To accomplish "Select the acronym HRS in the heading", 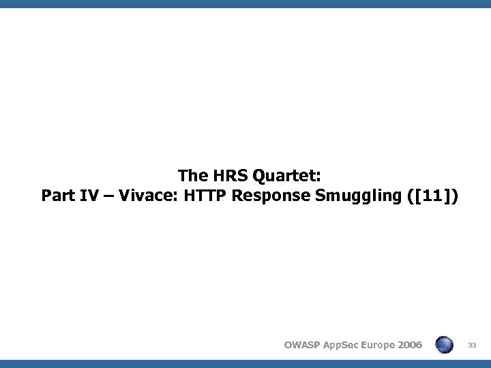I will click(225, 177).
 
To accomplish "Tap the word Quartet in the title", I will click(281, 177).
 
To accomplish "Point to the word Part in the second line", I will click(57, 197).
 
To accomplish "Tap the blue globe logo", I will click(445, 344).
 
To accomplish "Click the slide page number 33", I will click(471, 345).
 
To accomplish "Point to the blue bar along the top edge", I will click(245, 3).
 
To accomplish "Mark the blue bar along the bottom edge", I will click(245, 364).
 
